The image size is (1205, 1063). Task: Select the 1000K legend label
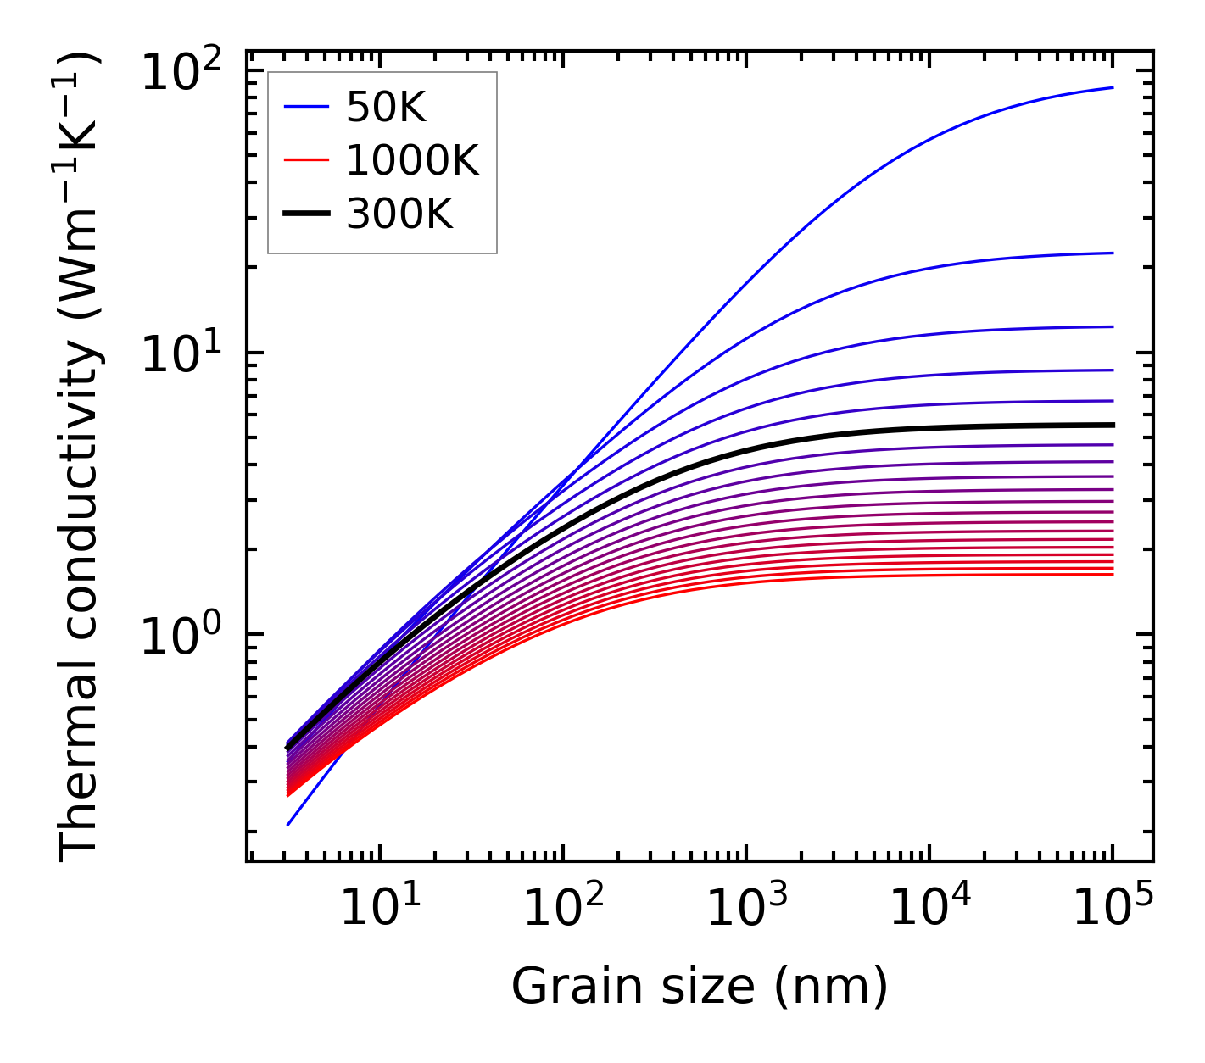coord(412,160)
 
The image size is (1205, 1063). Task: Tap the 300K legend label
coord(399,214)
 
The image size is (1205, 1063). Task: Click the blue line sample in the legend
coord(305,107)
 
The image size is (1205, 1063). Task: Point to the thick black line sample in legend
coord(305,214)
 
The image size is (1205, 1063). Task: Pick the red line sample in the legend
coord(305,160)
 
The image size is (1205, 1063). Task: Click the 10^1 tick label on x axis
coord(380,909)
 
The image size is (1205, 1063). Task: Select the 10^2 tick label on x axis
coord(563,909)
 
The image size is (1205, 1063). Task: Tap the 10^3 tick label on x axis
coord(746,909)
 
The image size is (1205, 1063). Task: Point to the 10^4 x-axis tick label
coord(929,909)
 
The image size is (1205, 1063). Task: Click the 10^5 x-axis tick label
coord(1113,909)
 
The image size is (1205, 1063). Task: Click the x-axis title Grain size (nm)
coord(700,986)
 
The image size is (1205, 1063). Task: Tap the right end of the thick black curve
coord(1112,425)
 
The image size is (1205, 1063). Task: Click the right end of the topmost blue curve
coord(1112,87)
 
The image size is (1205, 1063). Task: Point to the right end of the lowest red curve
coord(1112,575)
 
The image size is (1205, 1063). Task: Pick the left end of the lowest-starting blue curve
coord(289,824)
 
